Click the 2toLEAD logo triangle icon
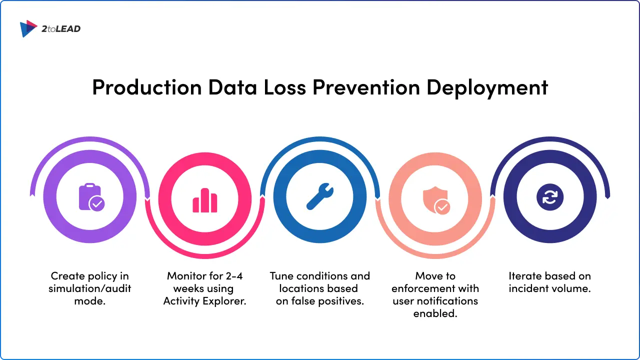click(28, 28)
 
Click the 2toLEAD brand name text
click(61, 29)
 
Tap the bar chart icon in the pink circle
click(205, 200)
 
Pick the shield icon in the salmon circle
click(435, 199)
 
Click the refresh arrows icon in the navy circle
click(550, 196)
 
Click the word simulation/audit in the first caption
click(90, 289)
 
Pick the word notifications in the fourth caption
click(448, 301)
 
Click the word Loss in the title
click(285, 87)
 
